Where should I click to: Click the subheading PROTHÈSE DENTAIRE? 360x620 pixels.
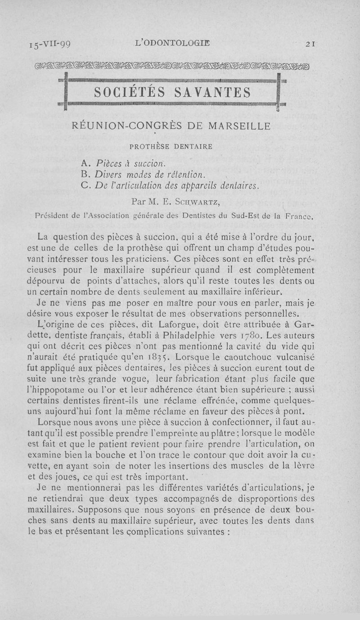pos(171,146)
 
